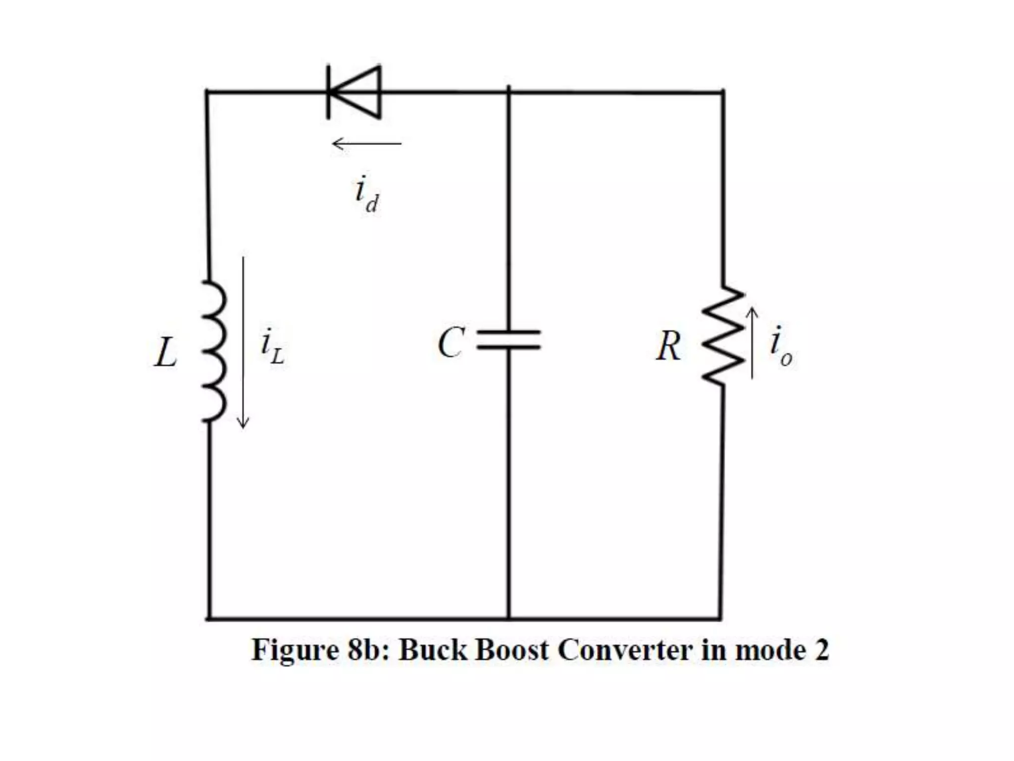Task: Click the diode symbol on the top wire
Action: [355, 93]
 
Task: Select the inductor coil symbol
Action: [214, 351]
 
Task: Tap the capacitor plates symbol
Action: [508, 340]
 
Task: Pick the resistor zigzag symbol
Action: [723, 335]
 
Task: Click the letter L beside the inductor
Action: [165, 353]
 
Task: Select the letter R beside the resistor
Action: [668, 346]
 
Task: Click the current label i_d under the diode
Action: [367, 194]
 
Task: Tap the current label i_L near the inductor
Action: [272, 346]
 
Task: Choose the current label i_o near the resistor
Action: [780, 346]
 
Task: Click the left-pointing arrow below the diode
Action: [366, 144]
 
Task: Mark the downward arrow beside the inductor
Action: [243, 342]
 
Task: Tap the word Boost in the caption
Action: [512, 650]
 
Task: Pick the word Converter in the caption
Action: [625, 650]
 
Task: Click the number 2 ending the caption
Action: [821, 650]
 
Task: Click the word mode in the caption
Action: [769, 650]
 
